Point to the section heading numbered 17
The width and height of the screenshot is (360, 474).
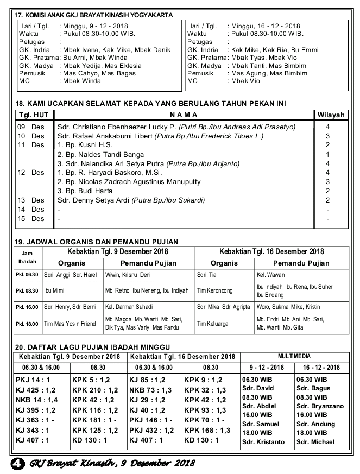94,15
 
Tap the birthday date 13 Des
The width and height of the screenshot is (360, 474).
30,200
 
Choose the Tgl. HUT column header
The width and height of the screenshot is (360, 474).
33,115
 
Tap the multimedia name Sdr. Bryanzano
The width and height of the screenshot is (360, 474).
320,406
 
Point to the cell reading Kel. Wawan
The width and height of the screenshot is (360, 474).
271,274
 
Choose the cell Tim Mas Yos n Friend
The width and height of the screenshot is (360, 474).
70,324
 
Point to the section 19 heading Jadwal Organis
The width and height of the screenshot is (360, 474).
97,242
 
